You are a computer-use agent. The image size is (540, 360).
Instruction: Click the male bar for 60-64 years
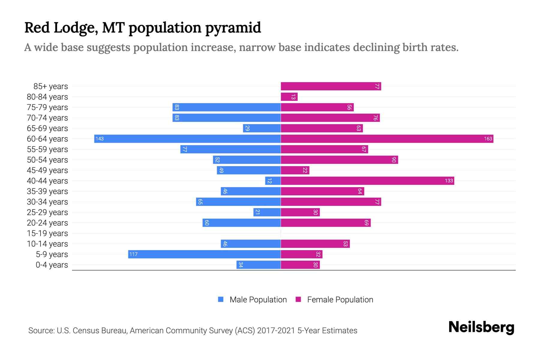coord(187,139)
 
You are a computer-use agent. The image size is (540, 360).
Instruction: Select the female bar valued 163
coord(387,139)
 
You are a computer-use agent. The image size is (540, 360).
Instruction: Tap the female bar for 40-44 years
coord(367,181)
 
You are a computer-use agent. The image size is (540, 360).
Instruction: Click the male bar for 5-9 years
coord(204,254)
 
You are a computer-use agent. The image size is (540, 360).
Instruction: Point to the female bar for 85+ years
coord(331,86)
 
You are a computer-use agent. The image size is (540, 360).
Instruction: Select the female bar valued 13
coord(289,97)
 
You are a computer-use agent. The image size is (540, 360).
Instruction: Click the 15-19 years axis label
coord(47,233)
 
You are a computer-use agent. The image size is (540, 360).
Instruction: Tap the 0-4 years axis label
coord(52,265)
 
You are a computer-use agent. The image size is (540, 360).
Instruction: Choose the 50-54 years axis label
coord(47,160)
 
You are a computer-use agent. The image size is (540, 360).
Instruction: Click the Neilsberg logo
coord(481,327)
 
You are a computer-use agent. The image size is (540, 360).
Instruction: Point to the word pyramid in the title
coord(233,28)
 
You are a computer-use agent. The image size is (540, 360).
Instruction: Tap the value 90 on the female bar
coord(394,160)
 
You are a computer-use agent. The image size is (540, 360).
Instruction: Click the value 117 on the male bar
coord(133,254)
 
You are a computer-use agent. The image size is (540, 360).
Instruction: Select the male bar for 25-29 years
coord(267,212)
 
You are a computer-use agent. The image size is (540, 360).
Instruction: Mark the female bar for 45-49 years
coord(295,170)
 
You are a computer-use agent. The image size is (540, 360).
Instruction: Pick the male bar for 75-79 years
coord(226,107)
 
